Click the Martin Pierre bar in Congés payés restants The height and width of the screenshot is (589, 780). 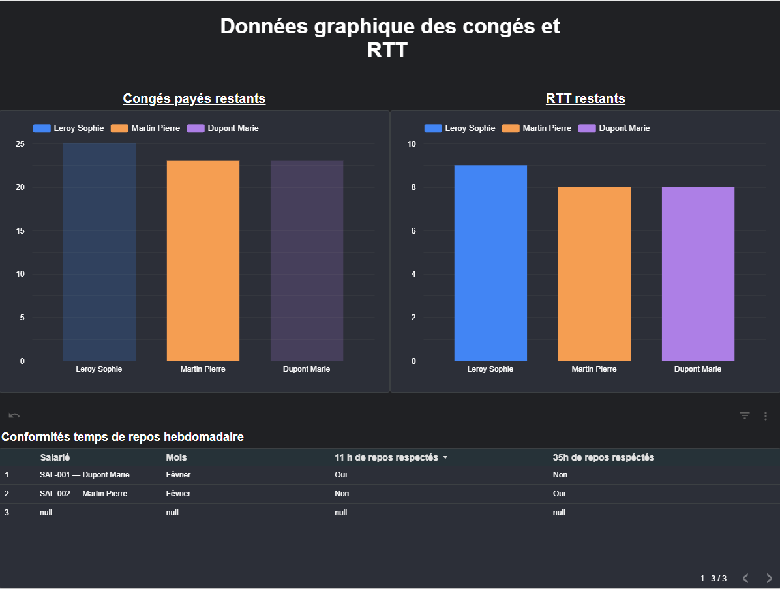[x=203, y=261]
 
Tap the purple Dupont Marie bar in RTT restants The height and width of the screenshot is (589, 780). [x=698, y=274]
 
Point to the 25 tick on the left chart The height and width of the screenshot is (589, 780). [x=20, y=144]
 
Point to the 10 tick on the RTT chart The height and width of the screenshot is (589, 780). [x=412, y=144]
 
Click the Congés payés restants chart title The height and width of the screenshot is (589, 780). [x=194, y=98]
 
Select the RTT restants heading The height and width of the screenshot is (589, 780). [x=585, y=98]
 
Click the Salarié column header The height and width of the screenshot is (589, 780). [x=55, y=457]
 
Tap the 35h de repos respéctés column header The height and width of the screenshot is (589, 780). [x=603, y=457]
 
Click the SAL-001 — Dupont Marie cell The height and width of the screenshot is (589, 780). [x=84, y=475]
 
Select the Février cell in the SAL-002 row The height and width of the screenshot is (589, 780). [x=178, y=494]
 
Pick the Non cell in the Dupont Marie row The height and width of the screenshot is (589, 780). [x=560, y=475]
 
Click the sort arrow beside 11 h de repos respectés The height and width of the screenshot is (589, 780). [x=445, y=458]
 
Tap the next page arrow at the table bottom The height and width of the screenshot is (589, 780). [x=769, y=578]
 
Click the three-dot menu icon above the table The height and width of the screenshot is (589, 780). [x=766, y=415]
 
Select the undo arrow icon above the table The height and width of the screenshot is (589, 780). [x=14, y=415]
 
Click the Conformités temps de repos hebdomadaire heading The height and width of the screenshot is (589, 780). [x=123, y=437]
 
